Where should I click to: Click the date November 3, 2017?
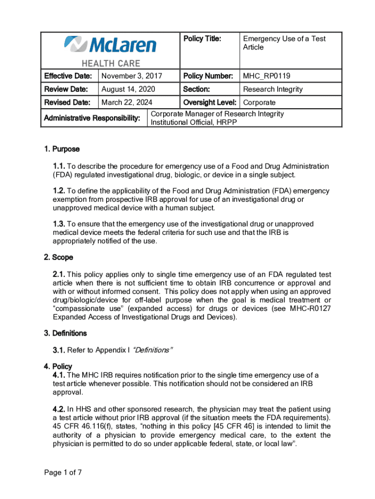point(131,76)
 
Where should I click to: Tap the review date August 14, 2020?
point(128,89)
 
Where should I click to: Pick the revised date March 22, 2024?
point(127,102)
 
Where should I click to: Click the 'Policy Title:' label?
point(202,39)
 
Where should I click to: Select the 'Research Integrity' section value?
point(273,89)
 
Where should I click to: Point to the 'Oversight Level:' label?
point(210,102)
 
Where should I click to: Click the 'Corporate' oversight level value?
point(259,102)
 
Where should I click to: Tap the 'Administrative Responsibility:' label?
point(92,118)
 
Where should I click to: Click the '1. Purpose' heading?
point(62,149)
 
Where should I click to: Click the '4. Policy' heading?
point(58,366)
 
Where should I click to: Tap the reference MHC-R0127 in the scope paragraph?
point(309,308)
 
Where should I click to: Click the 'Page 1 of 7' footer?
point(62,472)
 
